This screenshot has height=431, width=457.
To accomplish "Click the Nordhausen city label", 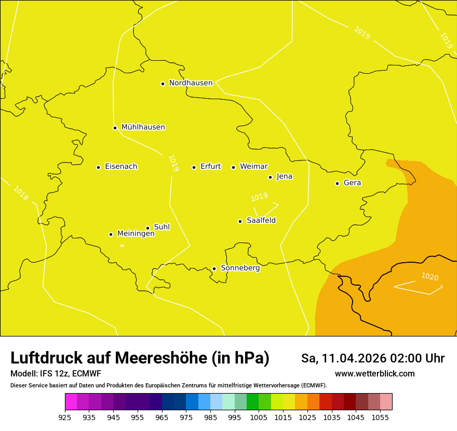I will coord(191,83).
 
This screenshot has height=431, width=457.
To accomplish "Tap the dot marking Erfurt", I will coord(194,167).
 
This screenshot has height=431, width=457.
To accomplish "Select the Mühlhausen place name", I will coord(143,127).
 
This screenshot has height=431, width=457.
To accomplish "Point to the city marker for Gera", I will coord(337,183).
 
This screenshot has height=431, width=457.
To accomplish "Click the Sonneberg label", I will coord(240,268).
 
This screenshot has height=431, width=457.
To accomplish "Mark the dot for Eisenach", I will coord(98,167).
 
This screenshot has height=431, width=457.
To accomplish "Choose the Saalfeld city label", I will coord(261,221).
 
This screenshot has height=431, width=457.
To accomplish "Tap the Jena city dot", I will coord(270,177).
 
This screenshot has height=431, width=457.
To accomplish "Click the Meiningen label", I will coord(136,234).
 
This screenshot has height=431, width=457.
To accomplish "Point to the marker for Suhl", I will coord(147,228).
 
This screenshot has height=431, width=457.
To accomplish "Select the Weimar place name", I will coord(253,167).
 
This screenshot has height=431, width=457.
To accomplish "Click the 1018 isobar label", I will coord(21,194).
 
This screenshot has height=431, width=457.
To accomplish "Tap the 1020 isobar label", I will coord(429,276).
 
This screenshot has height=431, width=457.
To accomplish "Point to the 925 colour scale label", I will coord(65,416).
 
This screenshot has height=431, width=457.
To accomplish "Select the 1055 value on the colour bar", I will coord(380,416).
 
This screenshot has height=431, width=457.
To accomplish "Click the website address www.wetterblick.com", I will coord(374,373).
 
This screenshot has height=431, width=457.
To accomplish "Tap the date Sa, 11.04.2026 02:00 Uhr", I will coord(372,358).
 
